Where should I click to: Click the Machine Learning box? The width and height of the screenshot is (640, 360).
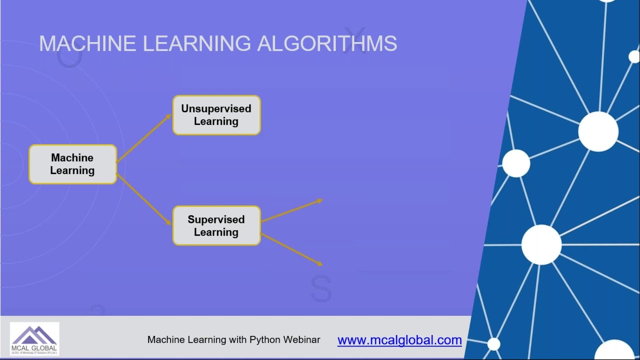coord(72,164)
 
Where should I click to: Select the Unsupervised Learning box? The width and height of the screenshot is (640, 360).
coord(216,115)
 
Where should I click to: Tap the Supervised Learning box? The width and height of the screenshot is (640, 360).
coord(216,225)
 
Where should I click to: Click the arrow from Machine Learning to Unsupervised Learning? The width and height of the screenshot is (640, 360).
coord(143,138)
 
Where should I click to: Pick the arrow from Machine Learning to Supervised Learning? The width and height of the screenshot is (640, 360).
coord(144,199)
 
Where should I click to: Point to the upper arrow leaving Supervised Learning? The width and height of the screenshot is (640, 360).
coord(291,210)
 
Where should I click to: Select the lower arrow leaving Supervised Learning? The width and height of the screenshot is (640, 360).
coord(291,249)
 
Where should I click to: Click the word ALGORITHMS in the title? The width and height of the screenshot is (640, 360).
coord(327,44)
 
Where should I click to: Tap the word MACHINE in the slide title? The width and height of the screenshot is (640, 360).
coord(87,44)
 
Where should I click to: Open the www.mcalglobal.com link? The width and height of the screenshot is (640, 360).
coord(399,340)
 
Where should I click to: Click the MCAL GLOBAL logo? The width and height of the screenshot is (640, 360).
coord(34,339)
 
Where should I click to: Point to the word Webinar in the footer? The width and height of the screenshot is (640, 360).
coord(301,340)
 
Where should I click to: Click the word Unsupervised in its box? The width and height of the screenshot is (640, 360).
coord(216,108)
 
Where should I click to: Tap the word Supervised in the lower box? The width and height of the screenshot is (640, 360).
coord(216,219)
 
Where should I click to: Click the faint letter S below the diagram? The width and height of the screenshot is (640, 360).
coord(321,288)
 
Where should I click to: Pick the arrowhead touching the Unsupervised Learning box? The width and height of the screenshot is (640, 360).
coord(168,116)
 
